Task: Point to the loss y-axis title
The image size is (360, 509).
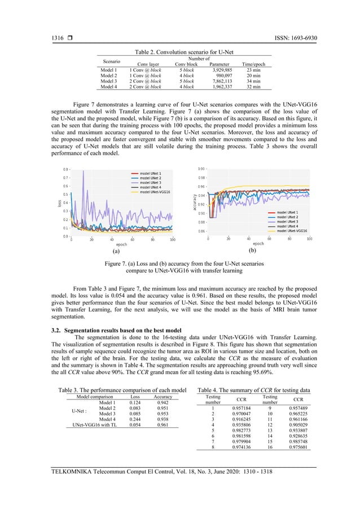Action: click(x=59, y=203)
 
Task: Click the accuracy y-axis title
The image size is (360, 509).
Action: click(x=197, y=201)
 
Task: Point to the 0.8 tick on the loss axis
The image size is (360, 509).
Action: click(x=66, y=169)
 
